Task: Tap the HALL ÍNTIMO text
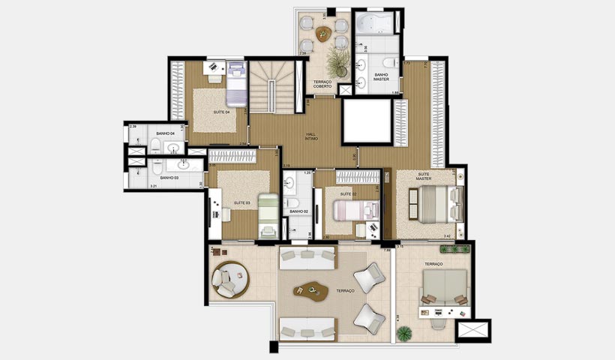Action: point(311,136)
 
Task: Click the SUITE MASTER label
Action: point(424,177)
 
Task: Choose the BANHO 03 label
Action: point(169,178)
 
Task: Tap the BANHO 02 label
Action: point(299,211)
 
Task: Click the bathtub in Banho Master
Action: point(378,24)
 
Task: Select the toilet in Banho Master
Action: point(389,63)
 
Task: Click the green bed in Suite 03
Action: point(268,215)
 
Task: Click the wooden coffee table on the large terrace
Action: point(310,289)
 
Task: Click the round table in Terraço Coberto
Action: point(324,34)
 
